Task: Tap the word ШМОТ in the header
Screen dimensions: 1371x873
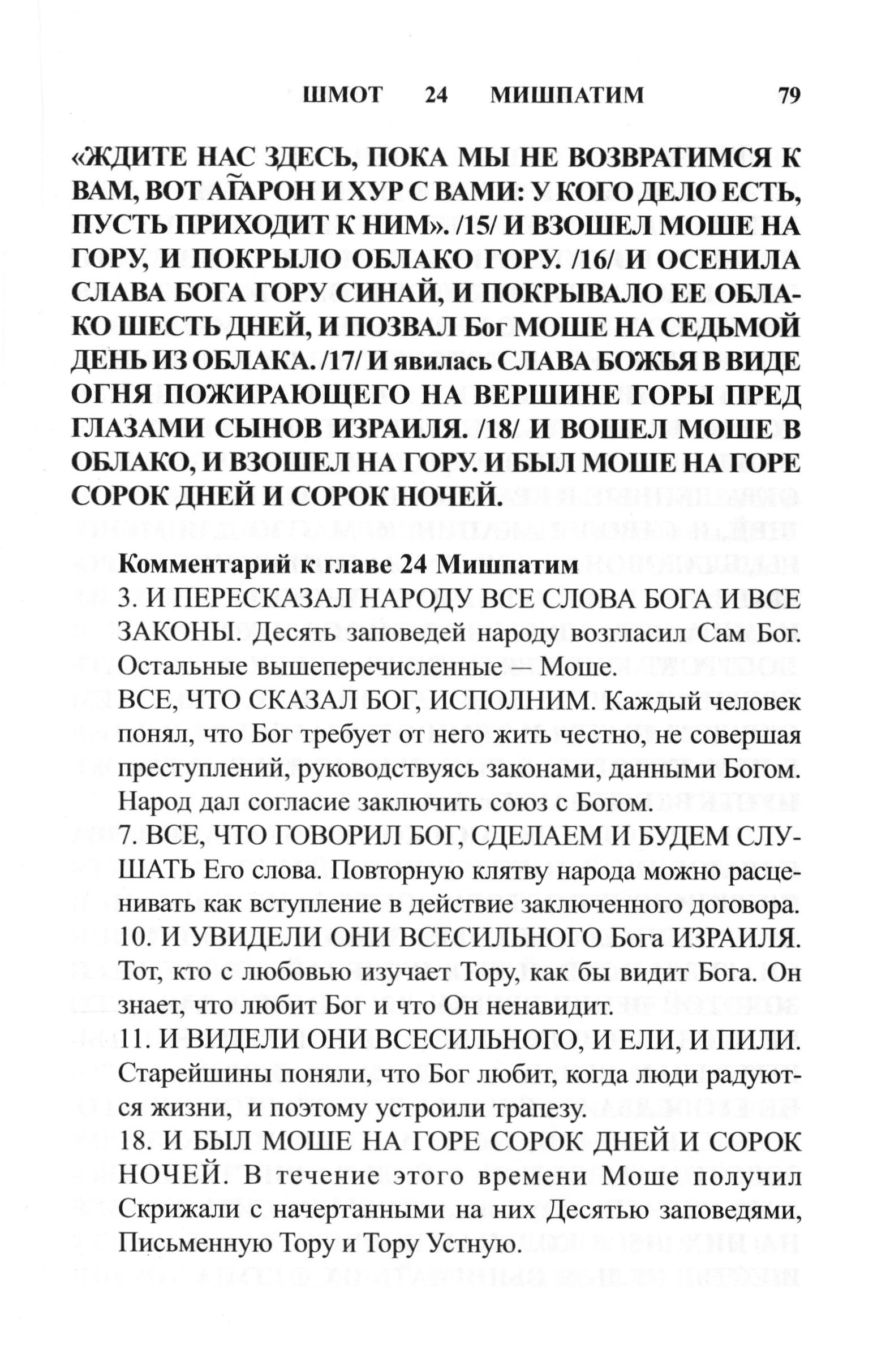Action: tap(343, 95)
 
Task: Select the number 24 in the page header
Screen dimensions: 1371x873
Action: tap(436, 95)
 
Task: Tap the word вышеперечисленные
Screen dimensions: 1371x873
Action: tap(380, 667)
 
